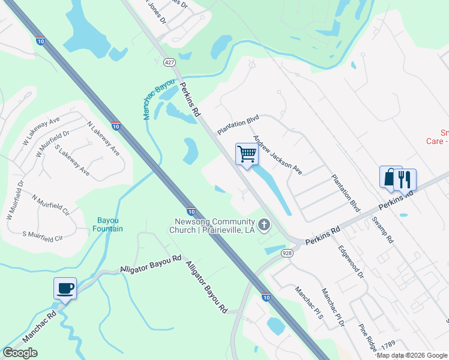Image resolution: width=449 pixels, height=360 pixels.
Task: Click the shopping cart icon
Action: point(247,154)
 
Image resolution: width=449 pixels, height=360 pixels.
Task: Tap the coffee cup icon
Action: point(65,287)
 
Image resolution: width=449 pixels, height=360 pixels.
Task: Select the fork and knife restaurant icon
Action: point(405,179)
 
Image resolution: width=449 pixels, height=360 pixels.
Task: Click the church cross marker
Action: point(264,225)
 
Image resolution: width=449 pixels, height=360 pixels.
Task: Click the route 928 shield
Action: point(286,254)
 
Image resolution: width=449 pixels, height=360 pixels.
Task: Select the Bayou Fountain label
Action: point(109,224)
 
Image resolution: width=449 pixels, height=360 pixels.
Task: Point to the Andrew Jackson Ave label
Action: point(277,154)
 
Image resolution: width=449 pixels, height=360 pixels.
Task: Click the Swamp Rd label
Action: point(382,228)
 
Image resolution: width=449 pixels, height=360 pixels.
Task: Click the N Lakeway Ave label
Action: point(103,139)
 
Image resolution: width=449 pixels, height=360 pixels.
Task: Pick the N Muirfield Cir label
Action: point(51,204)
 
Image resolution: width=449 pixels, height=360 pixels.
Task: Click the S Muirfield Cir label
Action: point(42,236)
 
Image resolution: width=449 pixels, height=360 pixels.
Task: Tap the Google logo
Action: point(20,353)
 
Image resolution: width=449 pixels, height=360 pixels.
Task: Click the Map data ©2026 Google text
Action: point(412,355)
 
